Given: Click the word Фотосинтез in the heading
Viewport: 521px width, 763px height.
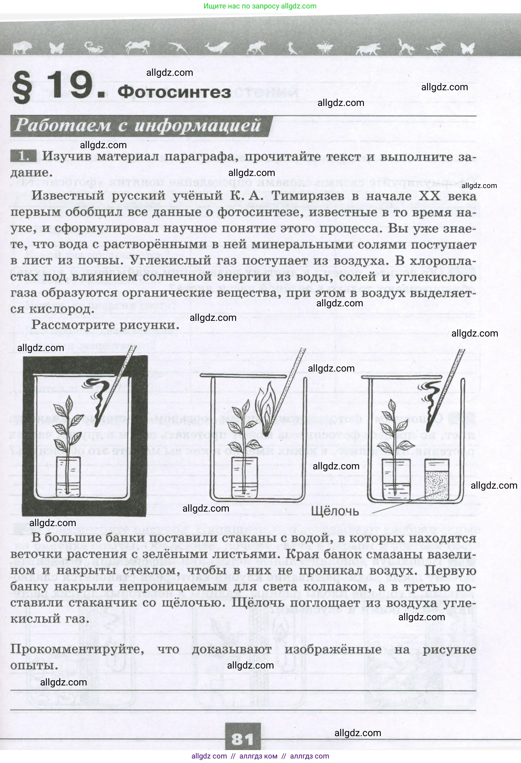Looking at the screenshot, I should pyautogui.click(x=174, y=93).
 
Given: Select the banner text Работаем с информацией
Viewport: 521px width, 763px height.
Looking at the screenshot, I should pyautogui.click(x=138, y=126).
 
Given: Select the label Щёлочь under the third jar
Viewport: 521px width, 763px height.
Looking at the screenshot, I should pyautogui.click(x=335, y=511).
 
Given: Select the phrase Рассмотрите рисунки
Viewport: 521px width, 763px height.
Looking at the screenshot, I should pyautogui.click(x=105, y=325).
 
